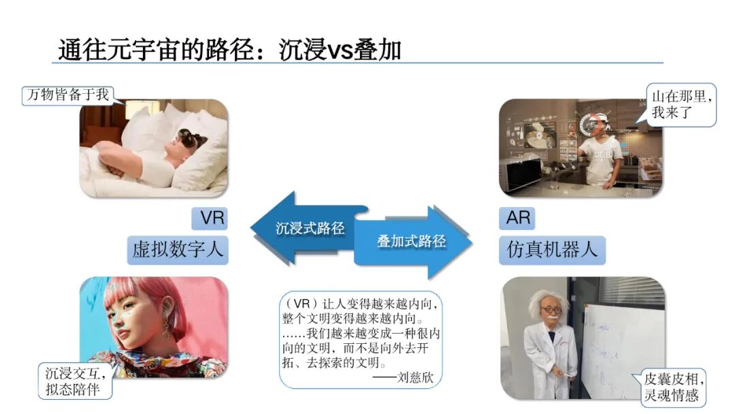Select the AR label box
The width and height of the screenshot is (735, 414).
click(518, 219)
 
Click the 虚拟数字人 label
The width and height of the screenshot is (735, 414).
click(178, 250)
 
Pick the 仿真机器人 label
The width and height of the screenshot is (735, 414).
click(552, 250)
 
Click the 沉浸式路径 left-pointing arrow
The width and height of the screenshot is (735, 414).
click(299, 227)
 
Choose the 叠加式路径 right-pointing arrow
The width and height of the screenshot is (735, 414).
click(415, 242)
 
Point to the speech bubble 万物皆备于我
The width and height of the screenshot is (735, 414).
click(67, 95)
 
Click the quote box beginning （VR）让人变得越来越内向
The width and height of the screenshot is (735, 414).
click(360, 339)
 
